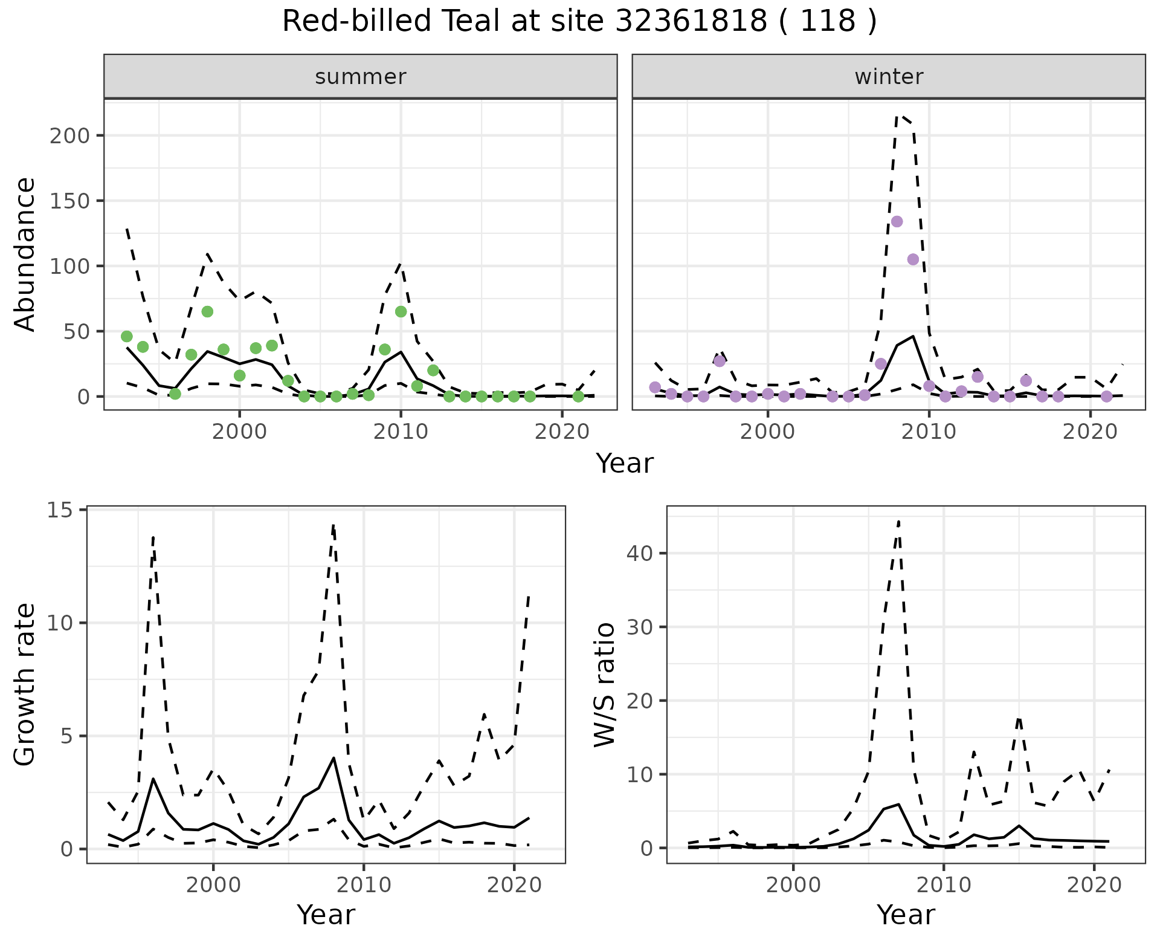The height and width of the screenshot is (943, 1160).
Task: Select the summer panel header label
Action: click(x=361, y=77)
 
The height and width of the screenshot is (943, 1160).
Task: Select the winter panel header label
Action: click(x=889, y=77)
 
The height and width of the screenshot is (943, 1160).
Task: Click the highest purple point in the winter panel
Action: click(x=897, y=221)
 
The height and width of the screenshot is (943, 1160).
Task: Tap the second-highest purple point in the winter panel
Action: click(x=913, y=259)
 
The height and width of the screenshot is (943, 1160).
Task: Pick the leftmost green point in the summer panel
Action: click(x=127, y=336)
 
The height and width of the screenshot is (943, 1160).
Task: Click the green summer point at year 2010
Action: click(x=401, y=311)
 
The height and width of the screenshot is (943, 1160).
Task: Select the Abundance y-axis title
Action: click(x=25, y=254)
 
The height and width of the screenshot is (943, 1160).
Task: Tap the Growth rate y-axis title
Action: click(x=25, y=685)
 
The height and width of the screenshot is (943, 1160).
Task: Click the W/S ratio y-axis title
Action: click(x=605, y=685)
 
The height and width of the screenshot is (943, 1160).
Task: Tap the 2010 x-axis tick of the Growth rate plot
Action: click(x=363, y=885)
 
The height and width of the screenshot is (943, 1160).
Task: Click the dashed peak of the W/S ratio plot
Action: click(x=898, y=521)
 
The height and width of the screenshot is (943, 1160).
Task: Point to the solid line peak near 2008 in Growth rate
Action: click(x=333, y=758)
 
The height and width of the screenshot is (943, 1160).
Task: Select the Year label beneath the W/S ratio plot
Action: click(x=906, y=915)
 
